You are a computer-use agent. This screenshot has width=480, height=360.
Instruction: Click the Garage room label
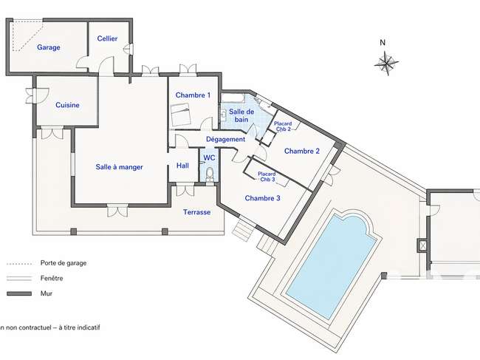point(49,47)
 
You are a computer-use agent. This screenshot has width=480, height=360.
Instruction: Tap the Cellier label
point(108,38)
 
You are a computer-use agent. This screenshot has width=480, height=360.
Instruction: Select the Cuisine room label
point(67,105)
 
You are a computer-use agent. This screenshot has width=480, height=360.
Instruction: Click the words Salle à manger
point(119,167)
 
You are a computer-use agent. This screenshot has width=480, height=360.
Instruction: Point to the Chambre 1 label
point(193,95)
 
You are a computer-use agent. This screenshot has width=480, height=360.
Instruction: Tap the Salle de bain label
point(241,115)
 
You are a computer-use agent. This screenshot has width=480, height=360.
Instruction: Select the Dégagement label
point(226,140)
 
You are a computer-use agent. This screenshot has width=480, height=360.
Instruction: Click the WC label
point(210,158)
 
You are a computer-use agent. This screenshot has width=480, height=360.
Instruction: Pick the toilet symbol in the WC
point(210,176)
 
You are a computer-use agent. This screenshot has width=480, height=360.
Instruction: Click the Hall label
point(182,166)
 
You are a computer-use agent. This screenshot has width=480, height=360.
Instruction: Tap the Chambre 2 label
point(302,151)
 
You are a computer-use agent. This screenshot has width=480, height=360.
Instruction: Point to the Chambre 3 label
point(262,198)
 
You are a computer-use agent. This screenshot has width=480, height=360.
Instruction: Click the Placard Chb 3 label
point(267,177)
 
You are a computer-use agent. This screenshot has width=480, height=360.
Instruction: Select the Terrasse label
point(197,212)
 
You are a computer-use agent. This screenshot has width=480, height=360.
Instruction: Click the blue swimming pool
point(332,266)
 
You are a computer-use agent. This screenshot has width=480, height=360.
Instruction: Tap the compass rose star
point(386,63)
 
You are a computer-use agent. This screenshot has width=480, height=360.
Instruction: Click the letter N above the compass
point(383,43)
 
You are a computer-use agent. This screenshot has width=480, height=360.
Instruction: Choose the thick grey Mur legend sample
point(19,293)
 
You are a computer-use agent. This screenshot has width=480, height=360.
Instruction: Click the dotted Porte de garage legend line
point(19,263)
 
